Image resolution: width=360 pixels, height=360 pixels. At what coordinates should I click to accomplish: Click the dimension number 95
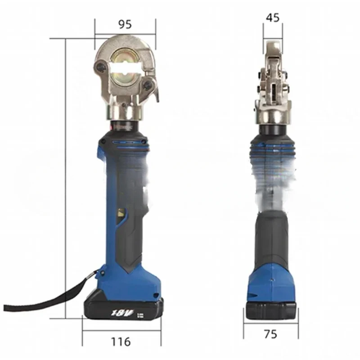click(125, 24)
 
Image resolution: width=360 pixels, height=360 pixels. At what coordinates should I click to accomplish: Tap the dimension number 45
click(273, 18)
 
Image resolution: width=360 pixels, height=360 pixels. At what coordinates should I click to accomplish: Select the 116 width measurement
click(121, 341)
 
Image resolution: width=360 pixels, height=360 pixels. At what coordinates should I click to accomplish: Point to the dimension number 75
click(271, 334)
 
